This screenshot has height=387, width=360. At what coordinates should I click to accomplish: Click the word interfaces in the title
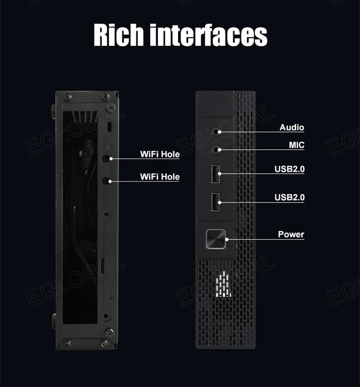click(208, 35)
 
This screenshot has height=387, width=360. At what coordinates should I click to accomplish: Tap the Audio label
click(292, 127)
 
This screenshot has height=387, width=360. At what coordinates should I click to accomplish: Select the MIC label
click(296, 145)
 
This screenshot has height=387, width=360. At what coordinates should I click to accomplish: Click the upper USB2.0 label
click(289, 169)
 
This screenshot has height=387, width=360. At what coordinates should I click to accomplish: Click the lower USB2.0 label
click(289, 197)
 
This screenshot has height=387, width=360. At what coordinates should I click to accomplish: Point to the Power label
click(291, 234)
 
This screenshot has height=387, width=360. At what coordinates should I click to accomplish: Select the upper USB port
click(215, 174)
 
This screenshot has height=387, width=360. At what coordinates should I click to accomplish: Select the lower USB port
click(215, 202)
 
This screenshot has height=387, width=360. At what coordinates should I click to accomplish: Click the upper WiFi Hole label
click(159, 154)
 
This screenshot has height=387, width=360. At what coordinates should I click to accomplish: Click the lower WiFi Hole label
click(159, 177)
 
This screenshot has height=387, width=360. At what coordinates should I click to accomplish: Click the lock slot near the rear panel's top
click(110, 126)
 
